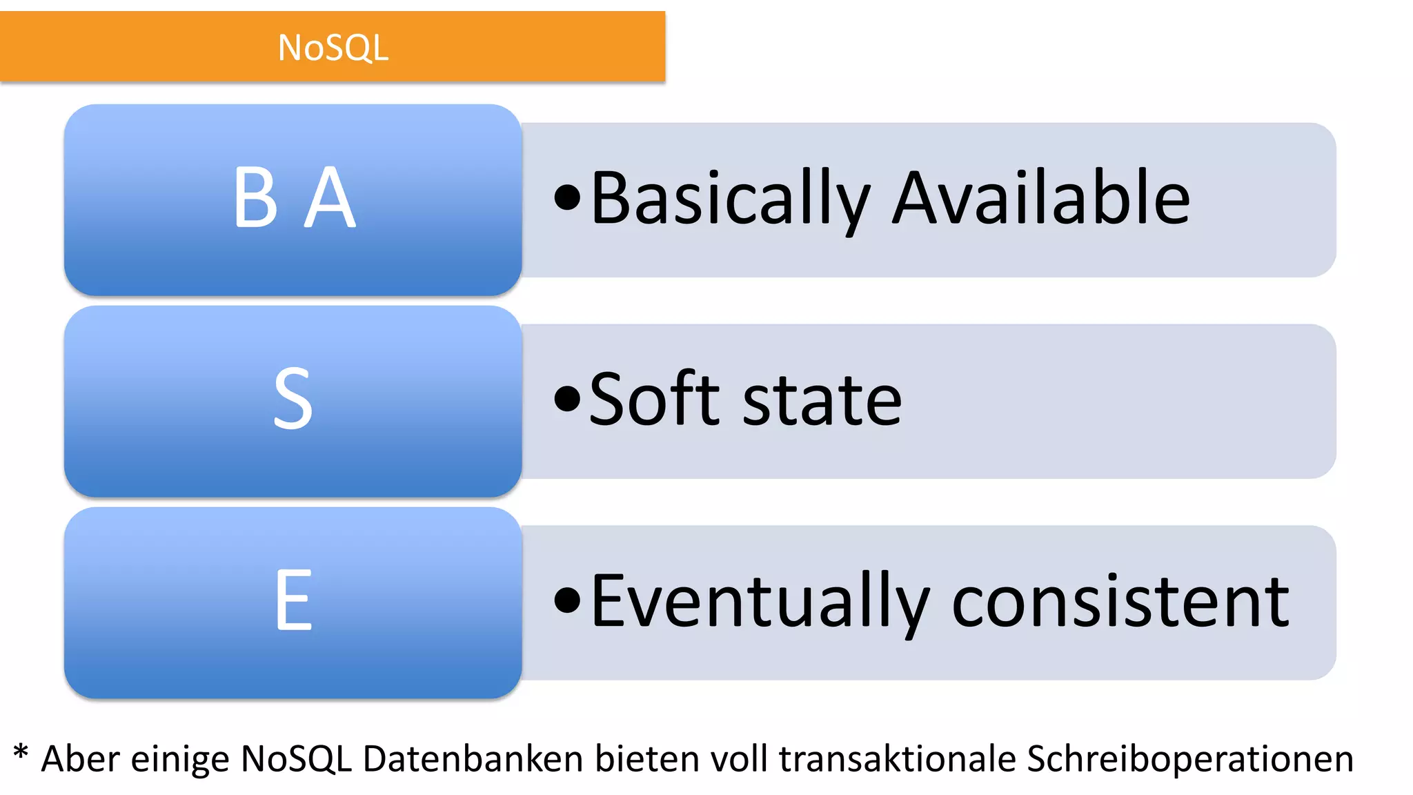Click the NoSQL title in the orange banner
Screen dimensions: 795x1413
point(333,48)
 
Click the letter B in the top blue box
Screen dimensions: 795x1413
point(256,198)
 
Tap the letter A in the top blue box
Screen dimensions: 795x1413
point(330,198)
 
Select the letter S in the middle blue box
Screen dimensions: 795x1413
point(293,399)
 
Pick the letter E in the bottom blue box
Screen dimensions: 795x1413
point(294,600)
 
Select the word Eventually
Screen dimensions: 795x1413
point(760,602)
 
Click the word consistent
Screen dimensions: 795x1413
point(1120,602)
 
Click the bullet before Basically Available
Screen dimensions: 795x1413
point(567,198)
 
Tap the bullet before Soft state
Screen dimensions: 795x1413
point(567,399)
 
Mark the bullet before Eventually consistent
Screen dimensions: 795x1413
point(567,600)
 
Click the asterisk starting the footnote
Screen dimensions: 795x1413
point(21,752)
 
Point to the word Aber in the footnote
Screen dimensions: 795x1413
point(81,759)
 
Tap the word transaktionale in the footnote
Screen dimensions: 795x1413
point(898,759)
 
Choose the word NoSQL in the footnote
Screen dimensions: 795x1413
point(296,759)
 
